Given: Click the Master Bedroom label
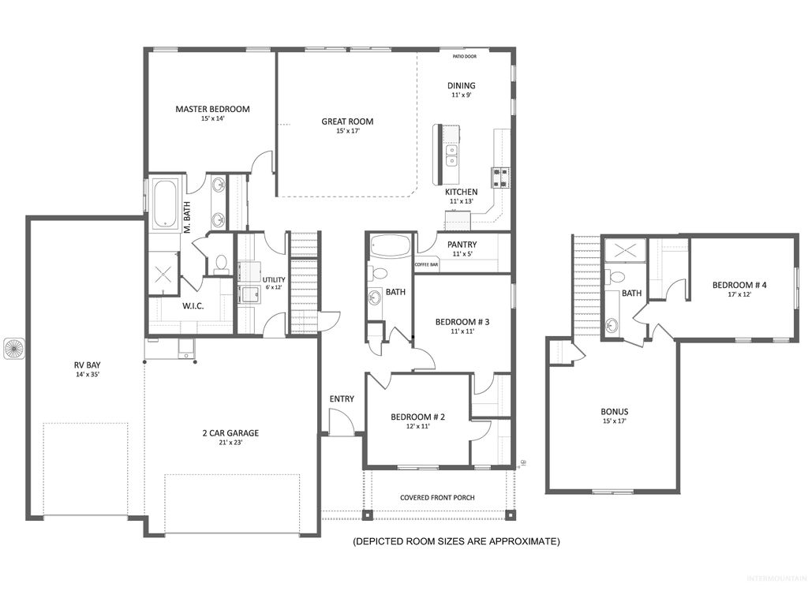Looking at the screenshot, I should [x=212, y=109].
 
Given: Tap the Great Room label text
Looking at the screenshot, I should [x=347, y=122].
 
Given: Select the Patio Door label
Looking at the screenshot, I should [x=464, y=57].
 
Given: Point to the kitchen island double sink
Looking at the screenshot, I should [x=453, y=155].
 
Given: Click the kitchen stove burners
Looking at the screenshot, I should [x=500, y=178].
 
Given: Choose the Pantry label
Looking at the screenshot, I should [x=460, y=245].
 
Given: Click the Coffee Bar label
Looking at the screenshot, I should [x=427, y=264].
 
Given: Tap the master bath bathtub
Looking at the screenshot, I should [x=165, y=204].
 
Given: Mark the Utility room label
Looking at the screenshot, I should [x=274, y=280].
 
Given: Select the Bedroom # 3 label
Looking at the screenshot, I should [x=463, y=322].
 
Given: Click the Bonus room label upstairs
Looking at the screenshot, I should [x=615, y=411].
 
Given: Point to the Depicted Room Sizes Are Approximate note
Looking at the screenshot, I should [x=456, y=541].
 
